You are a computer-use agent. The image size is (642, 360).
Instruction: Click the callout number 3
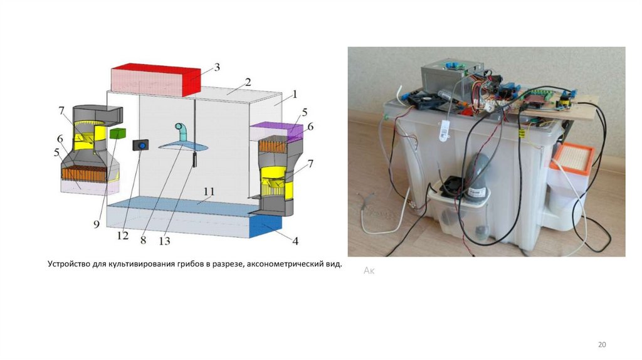[x=216, y=67]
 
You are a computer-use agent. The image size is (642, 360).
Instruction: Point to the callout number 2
[x=248, y=82]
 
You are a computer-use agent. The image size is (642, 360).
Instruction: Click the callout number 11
[x=209, y=191]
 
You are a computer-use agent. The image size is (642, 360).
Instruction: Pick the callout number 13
[x=165, y=240]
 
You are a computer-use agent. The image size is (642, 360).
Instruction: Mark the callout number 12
[x=122, y=236]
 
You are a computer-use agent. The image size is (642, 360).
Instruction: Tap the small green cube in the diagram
[x=117, y=134]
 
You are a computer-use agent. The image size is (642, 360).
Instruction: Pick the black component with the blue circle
[x=140, y=146]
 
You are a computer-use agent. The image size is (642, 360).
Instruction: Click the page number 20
[x=603, y=345]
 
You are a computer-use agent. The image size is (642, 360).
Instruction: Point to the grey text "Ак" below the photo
[x=369, y=270]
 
